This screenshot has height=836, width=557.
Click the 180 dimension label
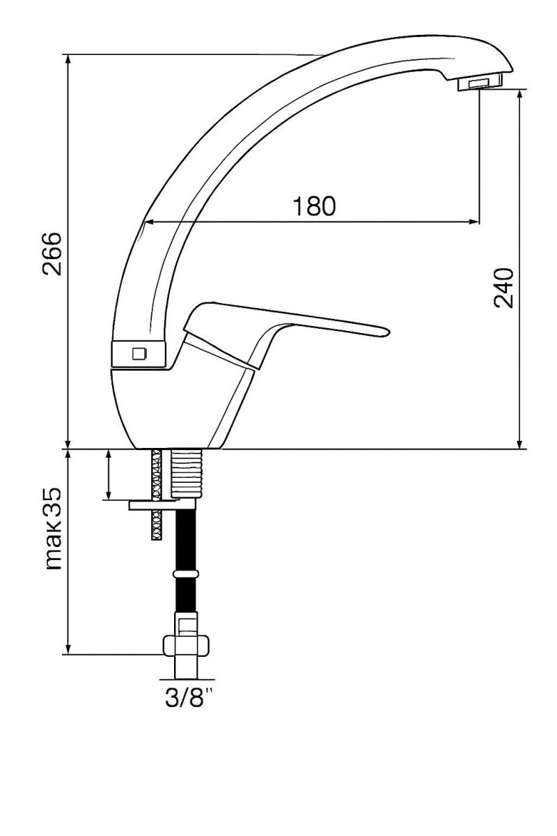point(314,206)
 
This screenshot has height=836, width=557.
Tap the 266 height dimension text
point(51,254)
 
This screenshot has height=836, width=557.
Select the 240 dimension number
point(503,287)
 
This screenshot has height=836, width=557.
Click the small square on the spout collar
point(139,353)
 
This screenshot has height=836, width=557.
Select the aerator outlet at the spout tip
point(480,82)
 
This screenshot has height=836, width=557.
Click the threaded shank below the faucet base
point(187,473)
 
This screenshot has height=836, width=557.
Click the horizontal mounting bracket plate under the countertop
point(162,505)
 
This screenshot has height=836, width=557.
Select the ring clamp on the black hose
point(186,574)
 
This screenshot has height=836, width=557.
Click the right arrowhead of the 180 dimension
point(474,222)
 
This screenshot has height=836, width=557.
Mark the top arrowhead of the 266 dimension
point(68,61)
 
